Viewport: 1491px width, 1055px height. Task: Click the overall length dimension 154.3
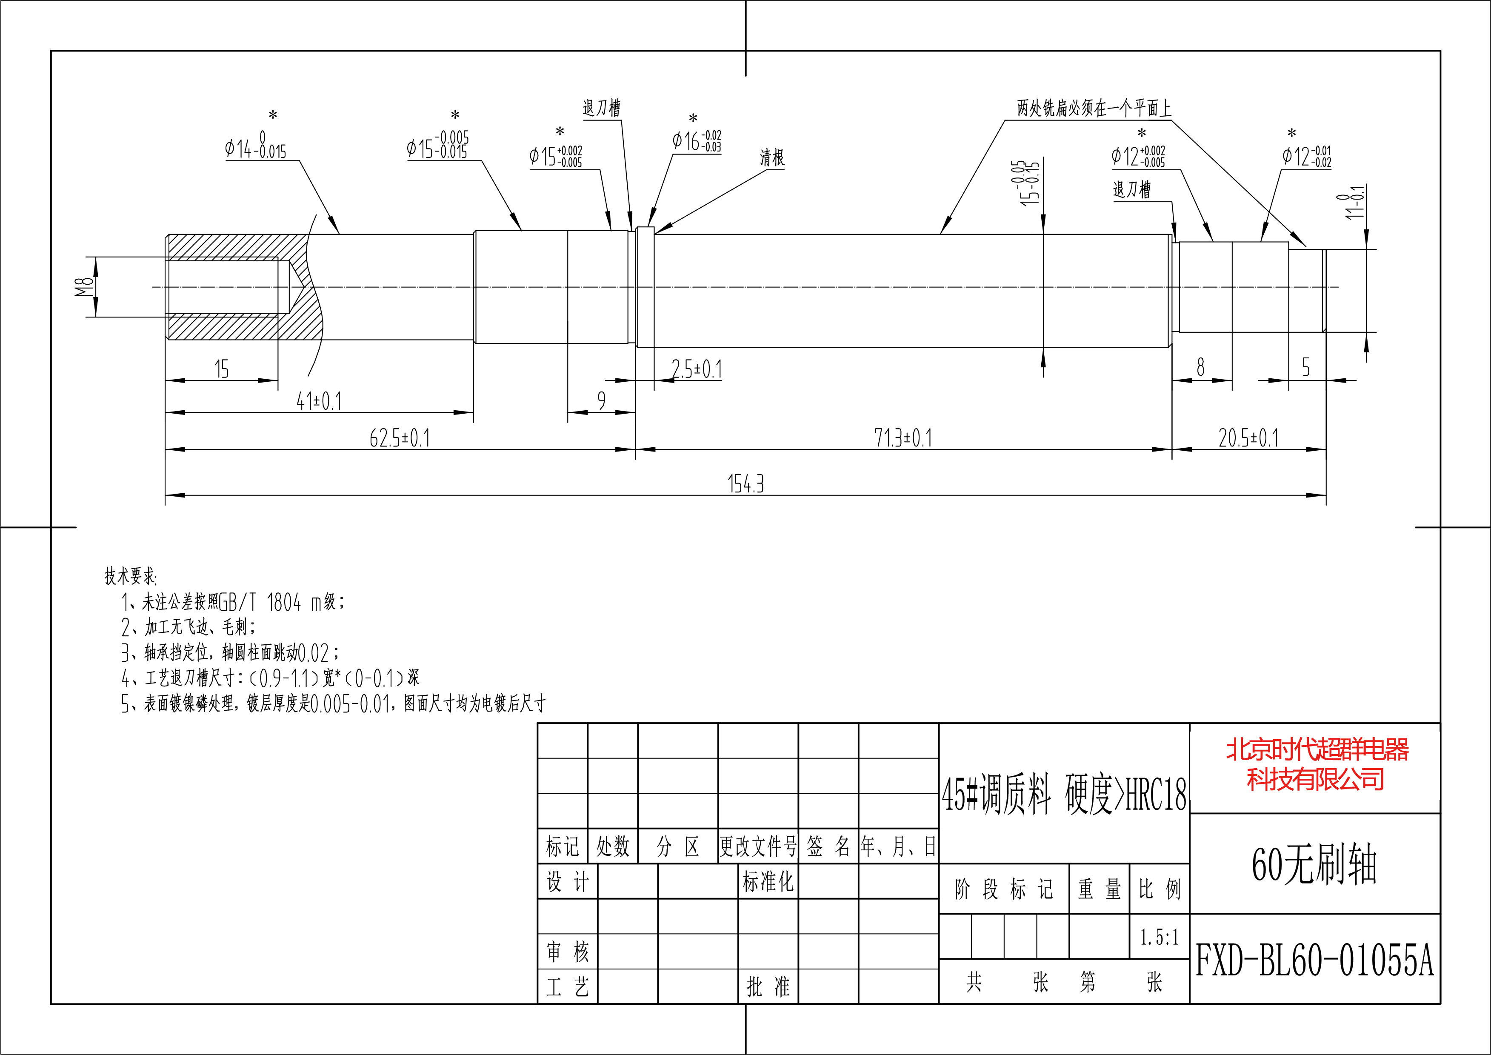[x=745, y=484]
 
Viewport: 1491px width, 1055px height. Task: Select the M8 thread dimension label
[x=83, y=286]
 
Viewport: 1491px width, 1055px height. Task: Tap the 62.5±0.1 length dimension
[x=400, y=438]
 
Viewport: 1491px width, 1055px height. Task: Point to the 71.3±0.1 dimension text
[x=903, y=438]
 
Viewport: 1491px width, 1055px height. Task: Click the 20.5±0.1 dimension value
[x=1248, y=438]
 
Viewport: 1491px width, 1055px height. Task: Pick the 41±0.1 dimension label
[x=319, y=401]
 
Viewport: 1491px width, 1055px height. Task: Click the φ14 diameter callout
[x=256, y=148]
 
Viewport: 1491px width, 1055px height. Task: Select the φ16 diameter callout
[x=696, y=140]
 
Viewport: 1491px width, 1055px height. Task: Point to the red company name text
[x=1316, y=764]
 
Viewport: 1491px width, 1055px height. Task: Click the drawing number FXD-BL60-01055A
[x=1314, y=960]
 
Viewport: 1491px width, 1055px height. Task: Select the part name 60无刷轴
[x=1314, y=864]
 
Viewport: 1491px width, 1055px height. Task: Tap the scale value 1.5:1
[x=1159, y=937]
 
